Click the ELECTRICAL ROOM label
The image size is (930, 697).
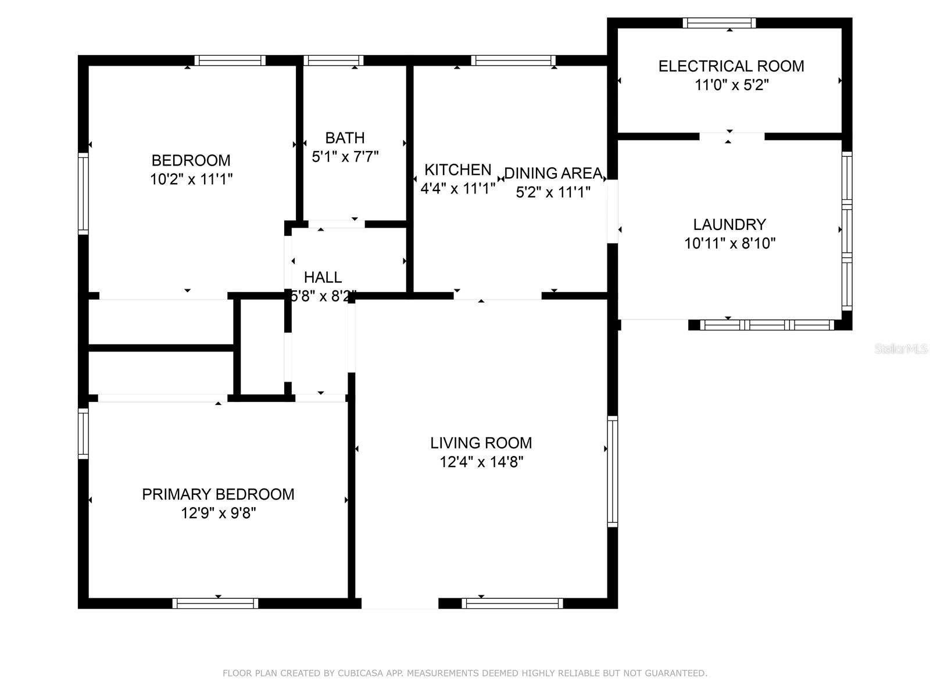click(x=731, y=66)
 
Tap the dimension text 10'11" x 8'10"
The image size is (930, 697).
click(x=729, y=243)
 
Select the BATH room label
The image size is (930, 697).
click(x=345, y=138)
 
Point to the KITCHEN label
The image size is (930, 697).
click(x=457, y=170)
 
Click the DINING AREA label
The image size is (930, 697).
click(x=553, y=173)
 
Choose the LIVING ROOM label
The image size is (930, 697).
click(x=481, y=443)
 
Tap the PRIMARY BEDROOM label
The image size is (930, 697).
click(x=218, y=494)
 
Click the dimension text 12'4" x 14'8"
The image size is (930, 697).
click(x=481, y=462)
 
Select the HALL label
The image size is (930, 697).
click(x=323, y=277)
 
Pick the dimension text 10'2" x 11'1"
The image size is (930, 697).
click(x=191, y=179)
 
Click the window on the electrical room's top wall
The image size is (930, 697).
click(x=719, y=23)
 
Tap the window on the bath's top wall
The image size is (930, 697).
click(x=333, y=60)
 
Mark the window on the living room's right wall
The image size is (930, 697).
click(x=612, y=471)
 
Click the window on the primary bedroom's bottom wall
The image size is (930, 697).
click(x=215, y=603)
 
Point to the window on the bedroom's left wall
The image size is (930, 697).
click(x=83, y=193)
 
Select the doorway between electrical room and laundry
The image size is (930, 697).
click(x=731, y=136)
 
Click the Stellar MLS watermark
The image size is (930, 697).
click(x=900, y=349)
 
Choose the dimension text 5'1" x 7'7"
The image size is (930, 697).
click(x=345, y=157)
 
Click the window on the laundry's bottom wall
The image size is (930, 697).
click(x=767, y=325)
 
